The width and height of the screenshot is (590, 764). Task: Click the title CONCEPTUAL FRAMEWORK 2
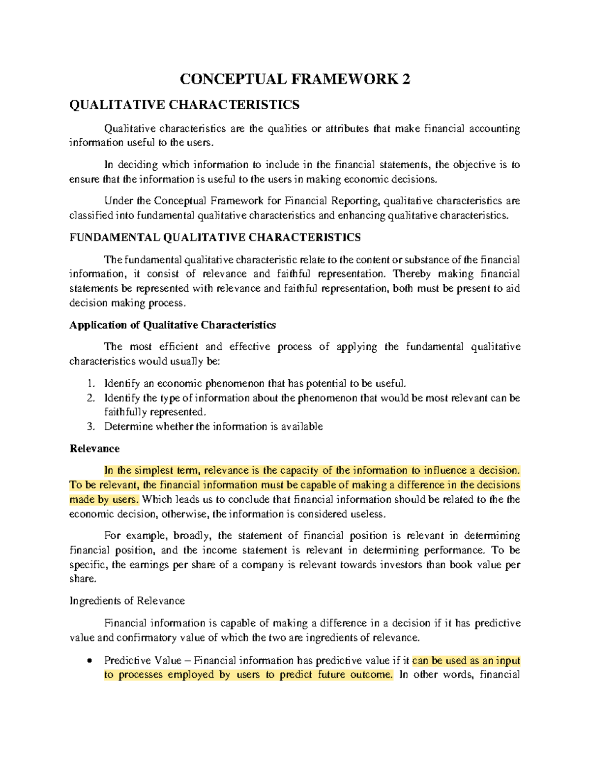pyautogui.click(x=295, y=79)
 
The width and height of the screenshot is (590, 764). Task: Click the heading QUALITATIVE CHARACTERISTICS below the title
pyautogui.click(x=184, y=105)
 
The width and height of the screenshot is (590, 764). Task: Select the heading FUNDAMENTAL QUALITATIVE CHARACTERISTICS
pyautogui.click(x=215, y=238)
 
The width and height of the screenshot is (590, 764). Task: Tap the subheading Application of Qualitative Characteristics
pyautogui.click(x=172, y=325)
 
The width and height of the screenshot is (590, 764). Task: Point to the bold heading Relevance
pyautogui.click(x=94, y=449)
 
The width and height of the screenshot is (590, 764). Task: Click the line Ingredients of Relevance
pyautogui.click(x=127, y=601)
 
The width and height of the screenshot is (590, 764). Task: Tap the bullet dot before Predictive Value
pyautogui.click(x=89, y=661)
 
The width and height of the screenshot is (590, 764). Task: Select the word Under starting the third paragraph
pyautogui.click(x=119, y=201)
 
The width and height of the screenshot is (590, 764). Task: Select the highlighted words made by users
pyautogui.click(x=104, y=500)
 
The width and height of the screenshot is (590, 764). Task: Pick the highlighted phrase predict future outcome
pyautogui.click(x=336, y=675)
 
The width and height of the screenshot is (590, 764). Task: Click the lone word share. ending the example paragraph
pyautogui.click(x=83, y=579)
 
